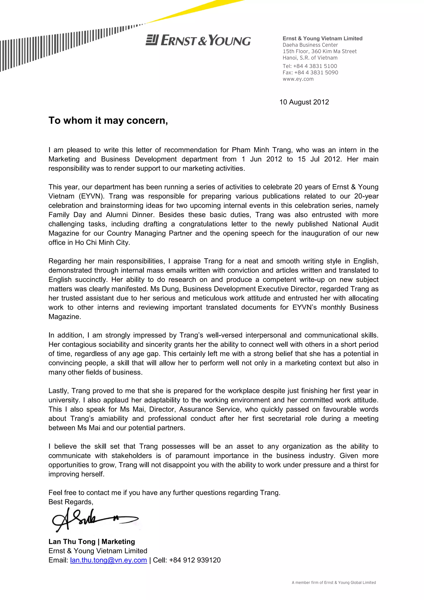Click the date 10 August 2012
coord(304,102)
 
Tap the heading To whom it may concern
coord(108,121)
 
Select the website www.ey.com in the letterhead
coord(298,79)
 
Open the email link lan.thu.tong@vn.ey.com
coord(108,560)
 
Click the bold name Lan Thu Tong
coord(72,541)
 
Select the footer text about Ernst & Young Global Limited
coord(334,582)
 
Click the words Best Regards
coord(71,502)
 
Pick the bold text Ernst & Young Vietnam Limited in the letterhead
coord(322,38)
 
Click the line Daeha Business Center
coord(310,45)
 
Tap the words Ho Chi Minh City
coord(102,243)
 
